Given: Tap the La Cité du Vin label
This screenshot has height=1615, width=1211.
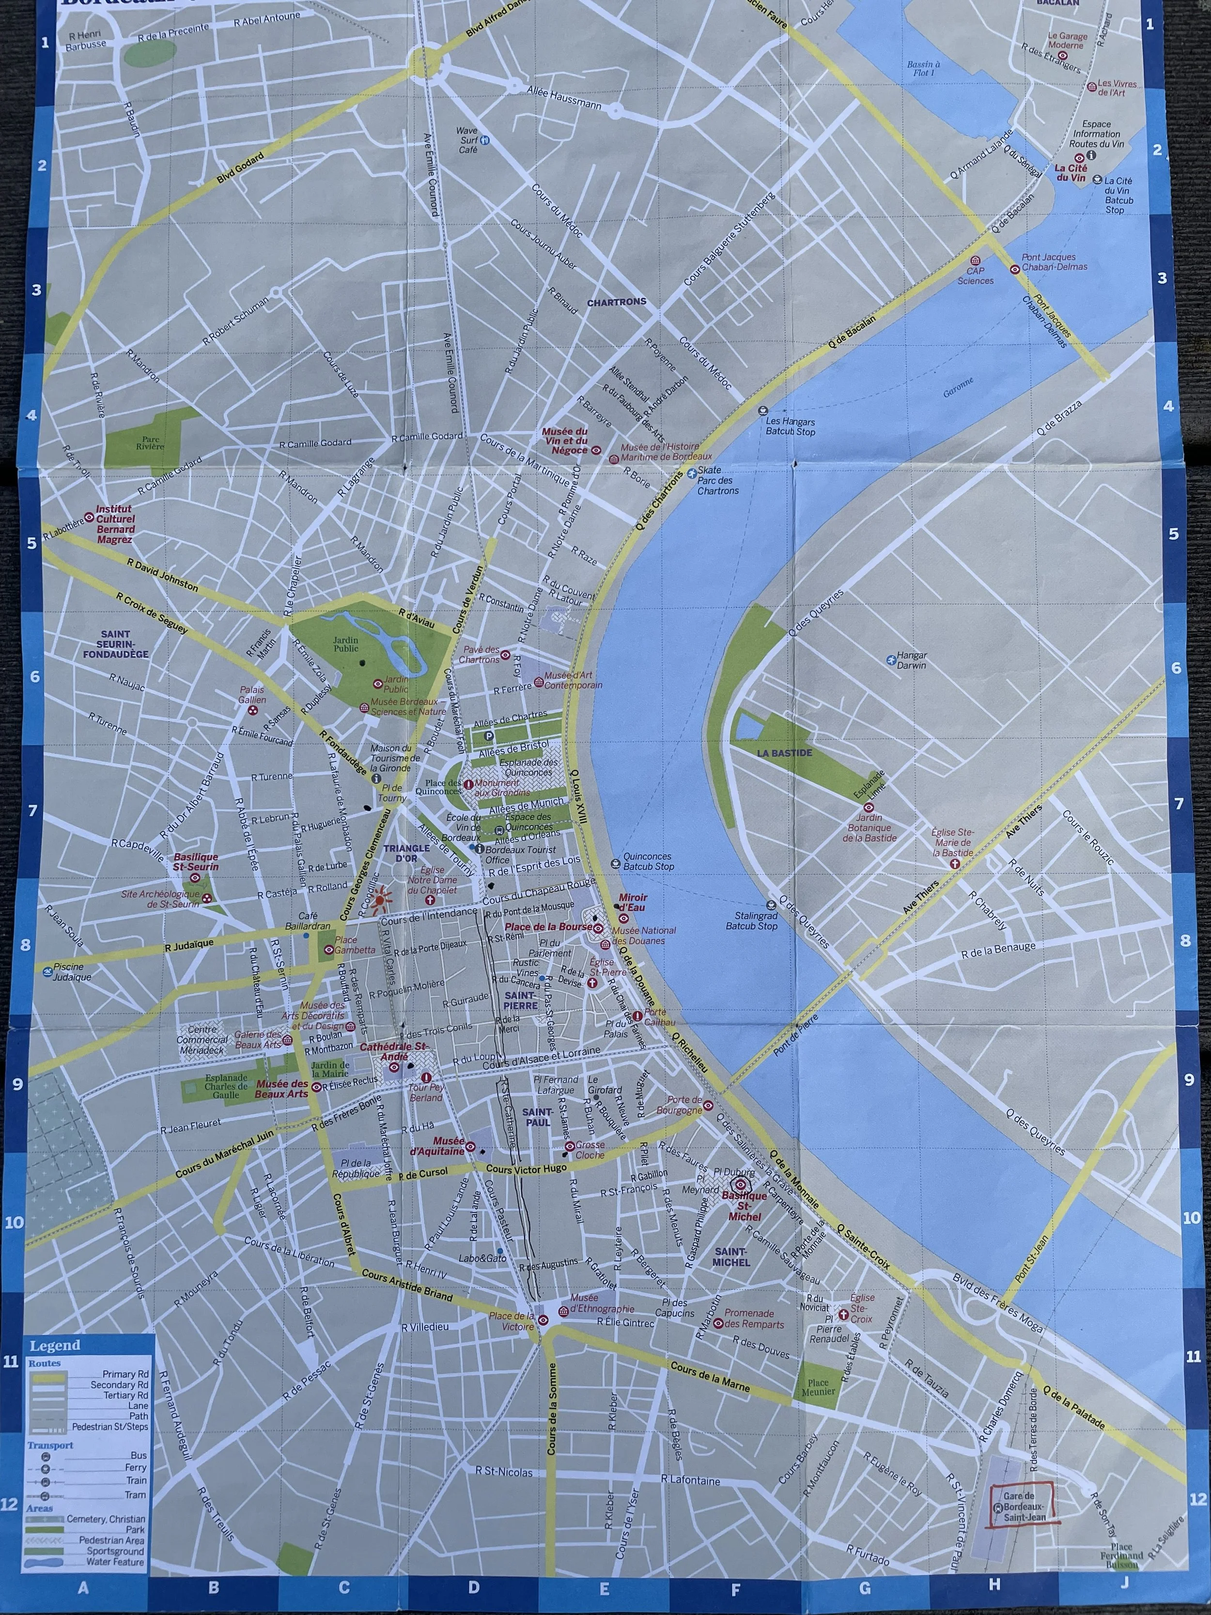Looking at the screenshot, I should pos(1071,172).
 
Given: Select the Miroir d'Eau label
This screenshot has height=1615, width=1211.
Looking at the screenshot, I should pos(633,902).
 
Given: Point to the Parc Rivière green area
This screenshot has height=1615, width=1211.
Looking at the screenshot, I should pos(150,442).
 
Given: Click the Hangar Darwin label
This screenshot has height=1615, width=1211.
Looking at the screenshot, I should pos(911,660).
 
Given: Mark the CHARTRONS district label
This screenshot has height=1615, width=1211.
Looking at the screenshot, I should pos(616,301).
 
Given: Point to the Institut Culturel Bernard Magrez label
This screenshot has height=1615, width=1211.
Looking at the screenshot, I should pos(115,524).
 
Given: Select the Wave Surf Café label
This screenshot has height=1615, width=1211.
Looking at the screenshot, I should pos(467,140).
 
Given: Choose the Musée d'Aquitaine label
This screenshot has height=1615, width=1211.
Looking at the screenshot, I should pos(437,1146).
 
